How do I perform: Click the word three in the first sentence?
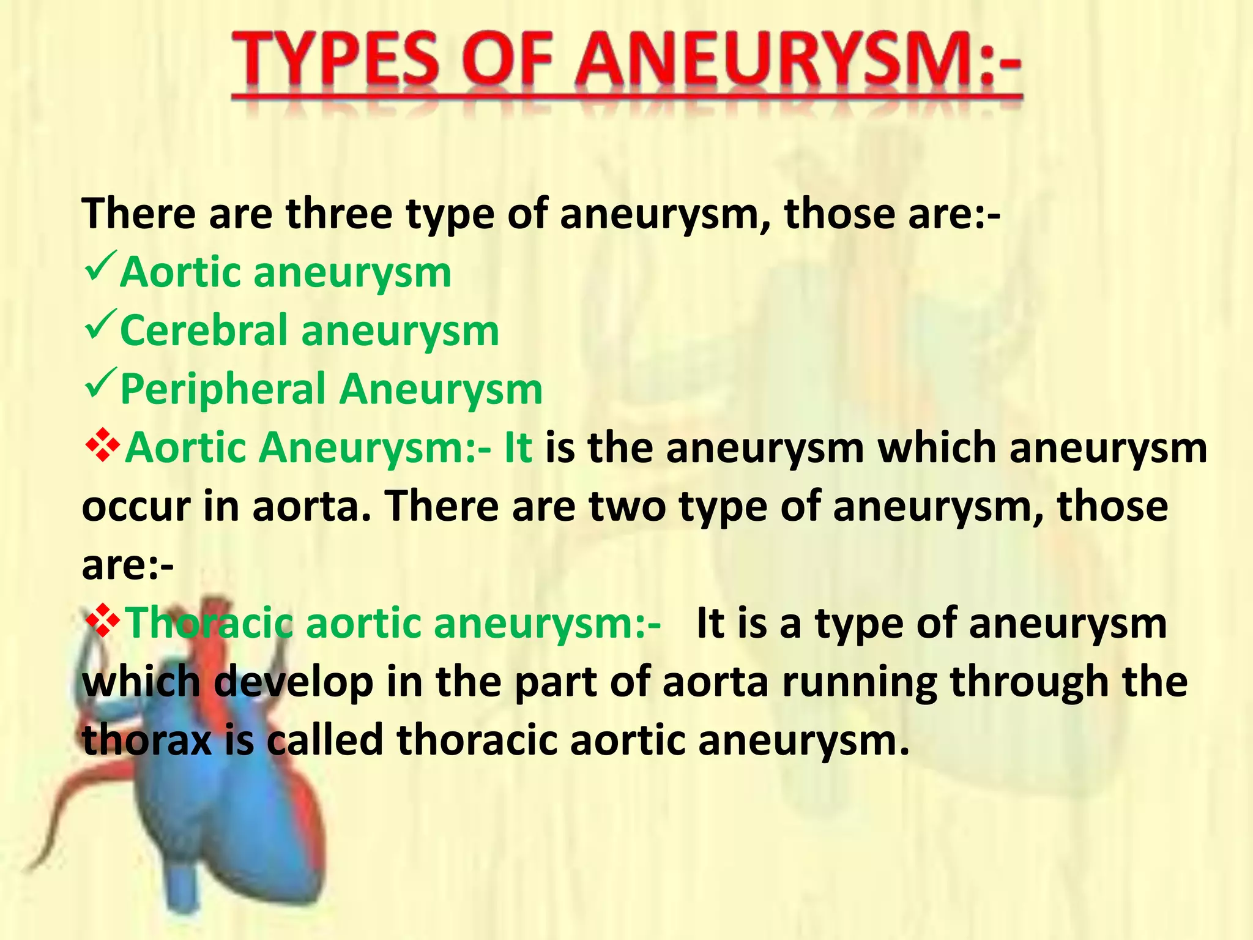click(x=340, y=214)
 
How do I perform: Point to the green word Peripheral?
click(x=223, y=389)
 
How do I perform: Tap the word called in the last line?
click(x=324, y=739)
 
